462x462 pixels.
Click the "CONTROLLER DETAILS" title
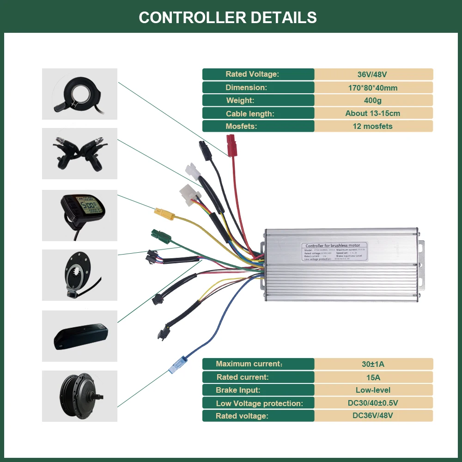(228, 18)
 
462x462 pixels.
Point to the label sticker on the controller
(334, 252)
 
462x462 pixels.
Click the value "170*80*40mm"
(373, 87)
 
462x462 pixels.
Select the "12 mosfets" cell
(373, 126)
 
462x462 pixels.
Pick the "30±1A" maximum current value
(373, 364)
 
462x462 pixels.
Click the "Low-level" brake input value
(373, 390)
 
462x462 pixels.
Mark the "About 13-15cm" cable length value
(373, 113)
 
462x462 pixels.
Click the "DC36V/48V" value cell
(373, 416)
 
